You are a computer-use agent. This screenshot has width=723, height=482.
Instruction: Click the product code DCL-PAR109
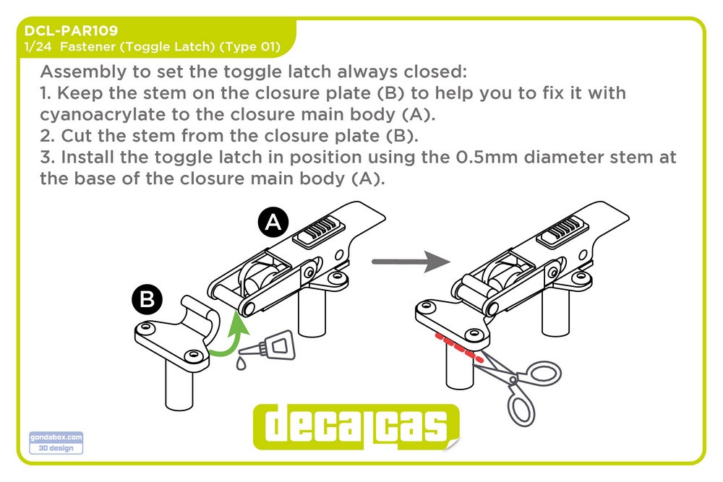71,30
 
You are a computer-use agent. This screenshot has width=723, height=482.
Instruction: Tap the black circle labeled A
273,222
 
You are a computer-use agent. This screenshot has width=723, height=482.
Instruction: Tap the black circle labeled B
147,298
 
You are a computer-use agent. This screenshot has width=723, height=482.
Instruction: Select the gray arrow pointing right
411,262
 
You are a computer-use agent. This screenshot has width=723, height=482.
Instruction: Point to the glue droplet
241,363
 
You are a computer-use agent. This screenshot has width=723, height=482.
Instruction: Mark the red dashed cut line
459,348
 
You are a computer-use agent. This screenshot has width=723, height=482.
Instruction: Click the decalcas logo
356,426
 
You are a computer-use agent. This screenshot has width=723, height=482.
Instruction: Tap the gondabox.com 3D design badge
56,442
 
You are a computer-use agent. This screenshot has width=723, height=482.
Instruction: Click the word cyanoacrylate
103,114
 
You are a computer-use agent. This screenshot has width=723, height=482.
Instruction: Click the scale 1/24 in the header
38,46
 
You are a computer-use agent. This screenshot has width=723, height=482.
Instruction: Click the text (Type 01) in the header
249,46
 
